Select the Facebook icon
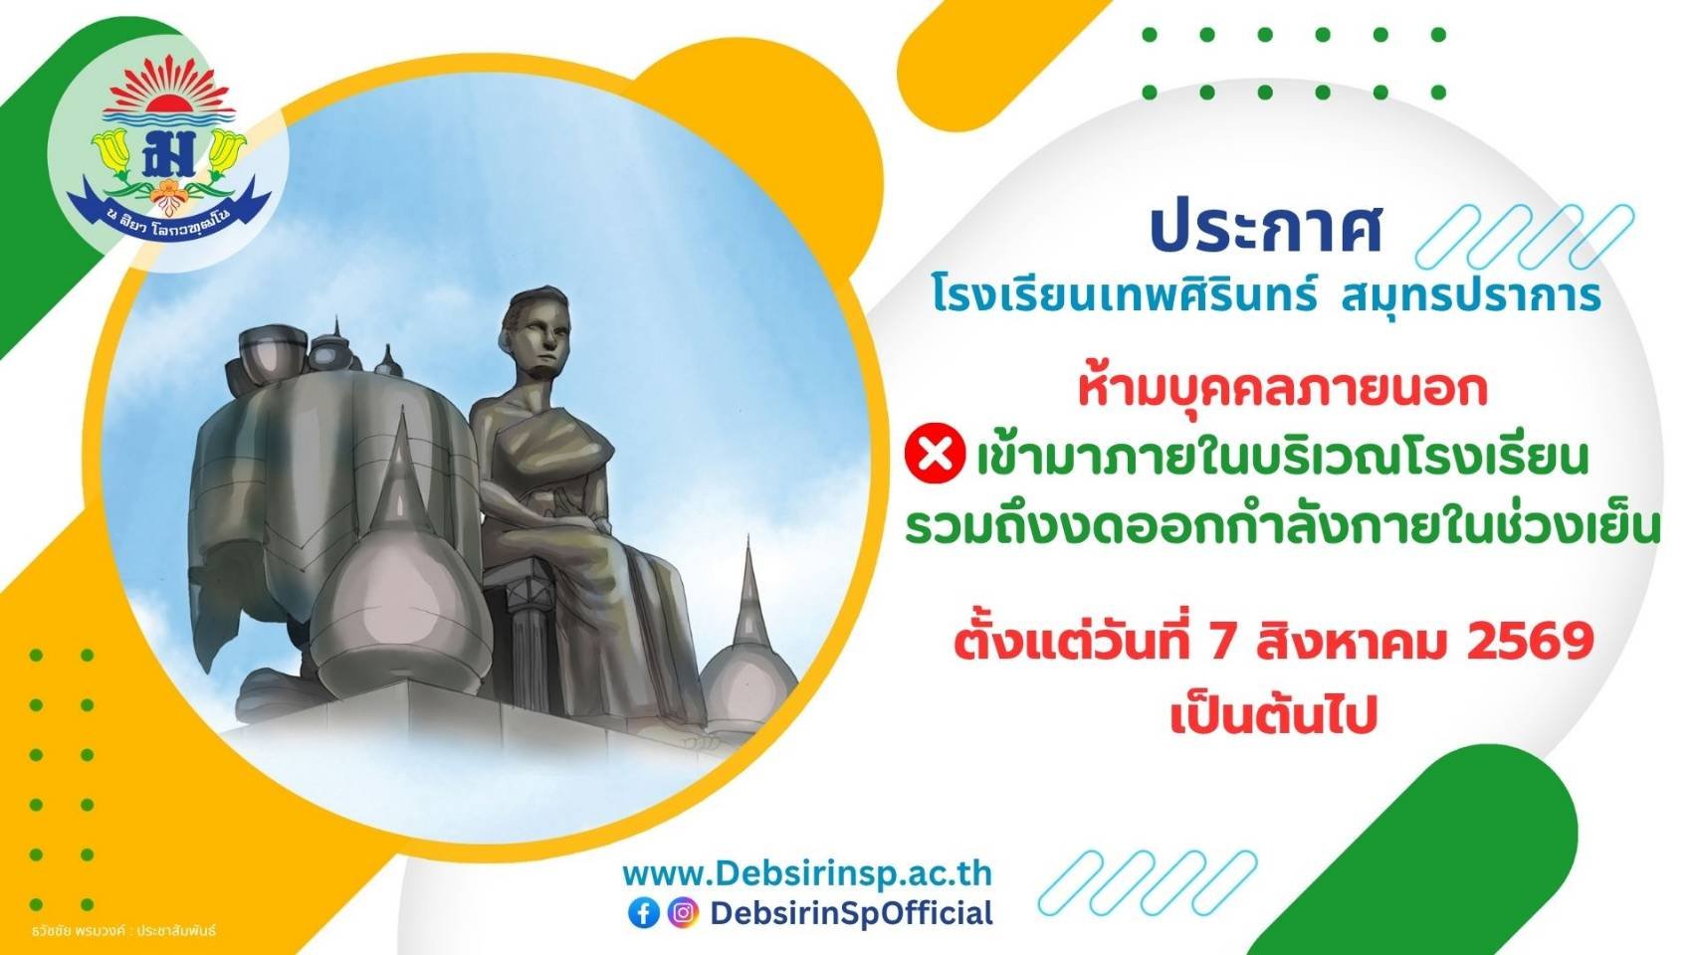tap(644, 912)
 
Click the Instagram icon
tap(683, 912)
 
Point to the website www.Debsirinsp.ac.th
tap(807, 873)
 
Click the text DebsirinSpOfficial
tap(851, 912)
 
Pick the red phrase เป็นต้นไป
tap(1274, 714)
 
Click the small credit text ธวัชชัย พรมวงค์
tap(76, 930)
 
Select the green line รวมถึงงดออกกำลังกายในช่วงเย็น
tap(1283, 527)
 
